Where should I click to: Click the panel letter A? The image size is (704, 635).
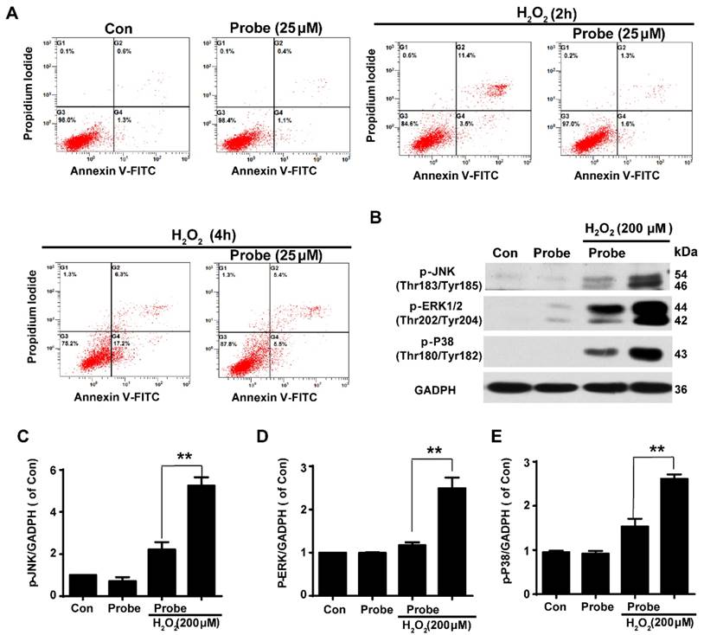13,12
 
